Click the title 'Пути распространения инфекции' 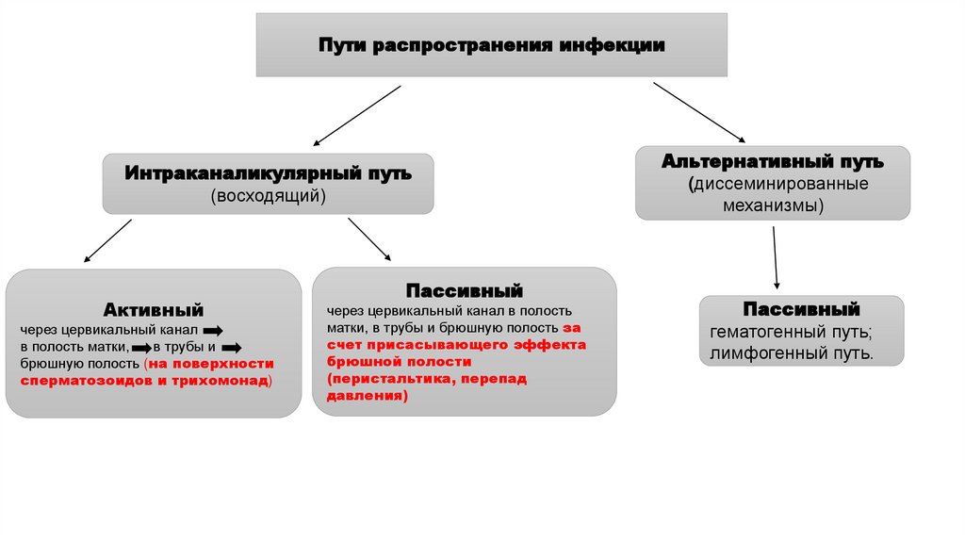(x=491, y=45)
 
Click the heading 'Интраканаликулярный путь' (x=268, y=174)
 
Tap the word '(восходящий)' (x=268, y=196)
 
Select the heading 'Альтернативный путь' (x=772, y=162)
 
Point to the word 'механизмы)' (x=772, y=204)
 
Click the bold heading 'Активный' (x=154, y=309)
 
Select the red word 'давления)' (x=368, y=395)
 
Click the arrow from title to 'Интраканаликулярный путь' (x=357, y=115)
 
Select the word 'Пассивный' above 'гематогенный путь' (x=800, y=309)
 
